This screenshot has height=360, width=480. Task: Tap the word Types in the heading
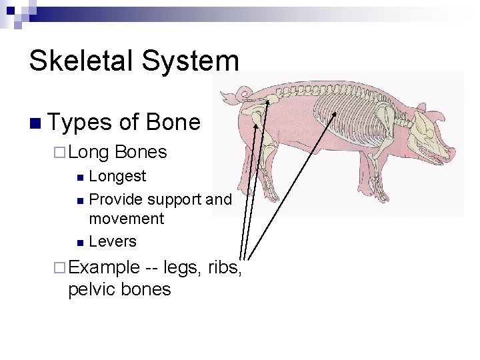click(x=80, y=122)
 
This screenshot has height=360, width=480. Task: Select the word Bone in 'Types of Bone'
click(x=173, y=122)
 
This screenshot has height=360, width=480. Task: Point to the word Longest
click(x=117, y=176)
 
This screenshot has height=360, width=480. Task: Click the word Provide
click(x=116, y=199)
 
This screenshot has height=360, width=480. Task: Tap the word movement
click(x=126, y=219)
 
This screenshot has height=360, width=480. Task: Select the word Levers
click(x=113, y=241)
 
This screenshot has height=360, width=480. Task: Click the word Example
click(x=104, y=267)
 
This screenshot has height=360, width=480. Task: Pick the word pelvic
click(x=92, y=289)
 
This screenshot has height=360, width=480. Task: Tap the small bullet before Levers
click(x=79, y=242)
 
